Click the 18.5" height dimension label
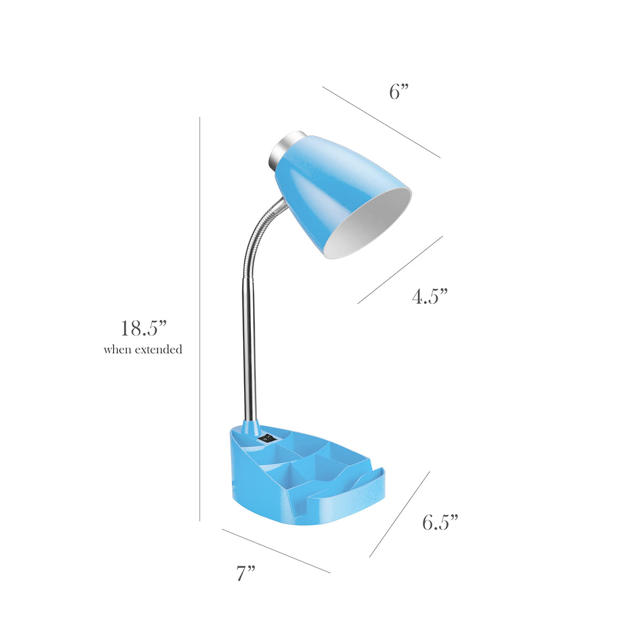pyautogui.click(x=144, y=328)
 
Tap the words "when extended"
pyautogui.click(x=143, y=349)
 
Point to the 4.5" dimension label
pyautogui.click(x=430, y=296)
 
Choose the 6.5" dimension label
pyautogui.click(x=440, y=522)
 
